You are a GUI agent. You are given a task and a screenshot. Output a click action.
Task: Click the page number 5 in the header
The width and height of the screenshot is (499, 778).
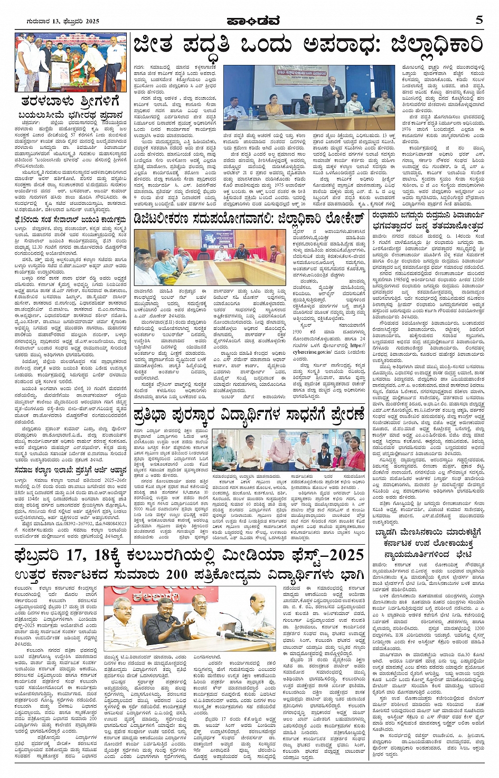pyautogui.click(x=479, y=20)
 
